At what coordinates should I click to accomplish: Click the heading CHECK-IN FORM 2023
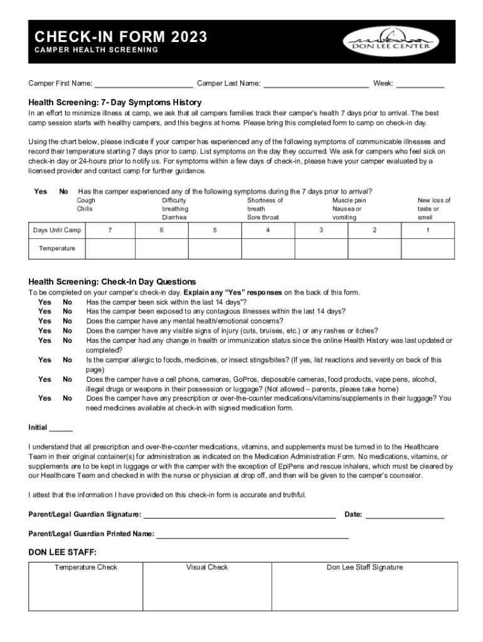121,38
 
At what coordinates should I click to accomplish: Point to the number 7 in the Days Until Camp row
110,230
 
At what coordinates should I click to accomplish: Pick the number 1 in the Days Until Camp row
428,230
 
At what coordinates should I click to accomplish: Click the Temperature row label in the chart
56,248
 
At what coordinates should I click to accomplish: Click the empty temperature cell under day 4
268,248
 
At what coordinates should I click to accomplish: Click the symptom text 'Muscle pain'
349,201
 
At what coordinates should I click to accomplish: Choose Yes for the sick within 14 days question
45,302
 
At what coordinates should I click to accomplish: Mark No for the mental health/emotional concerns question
67,321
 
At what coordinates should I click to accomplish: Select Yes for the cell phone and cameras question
45,379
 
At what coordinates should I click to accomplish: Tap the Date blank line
405,515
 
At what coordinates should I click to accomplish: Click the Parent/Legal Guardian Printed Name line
252,535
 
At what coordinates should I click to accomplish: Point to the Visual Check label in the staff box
207,567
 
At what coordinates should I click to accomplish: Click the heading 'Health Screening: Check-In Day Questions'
112,282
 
